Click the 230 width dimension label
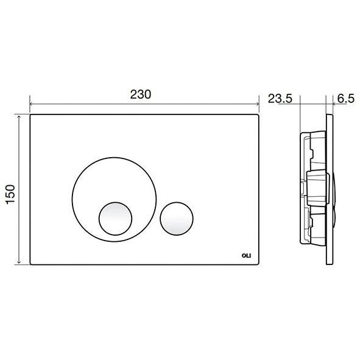[141, 94]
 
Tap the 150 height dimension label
[10, 194]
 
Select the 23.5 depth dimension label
[280, 99]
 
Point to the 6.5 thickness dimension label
[346, 99]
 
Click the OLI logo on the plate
[246, 256]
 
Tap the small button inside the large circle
[116, 219]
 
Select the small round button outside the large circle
[177, 219]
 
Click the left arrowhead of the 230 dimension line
[31, 104]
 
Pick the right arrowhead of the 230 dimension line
[258, 104]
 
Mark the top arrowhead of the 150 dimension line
[19, 117]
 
